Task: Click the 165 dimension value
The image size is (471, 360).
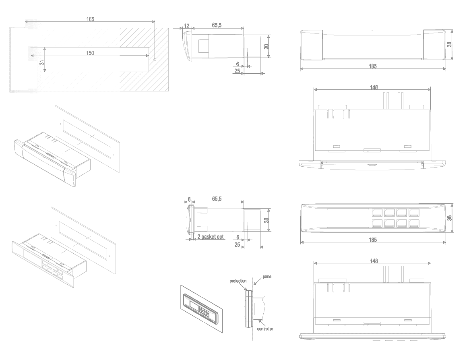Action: point(90,19)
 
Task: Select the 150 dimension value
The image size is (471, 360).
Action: point(90,53)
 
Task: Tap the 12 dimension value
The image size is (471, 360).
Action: point(186,25)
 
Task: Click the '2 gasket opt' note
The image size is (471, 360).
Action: point(210,237)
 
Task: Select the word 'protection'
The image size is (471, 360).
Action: point(238,281)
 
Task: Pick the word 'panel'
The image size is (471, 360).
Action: point(267,277)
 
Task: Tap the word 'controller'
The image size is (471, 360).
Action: point(265,329)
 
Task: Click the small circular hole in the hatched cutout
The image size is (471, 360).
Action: point(155,60)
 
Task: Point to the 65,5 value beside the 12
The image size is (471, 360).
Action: point(217,25)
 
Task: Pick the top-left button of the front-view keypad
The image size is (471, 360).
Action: point(378,212)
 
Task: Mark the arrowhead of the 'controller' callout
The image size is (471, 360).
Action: point(260,320)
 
